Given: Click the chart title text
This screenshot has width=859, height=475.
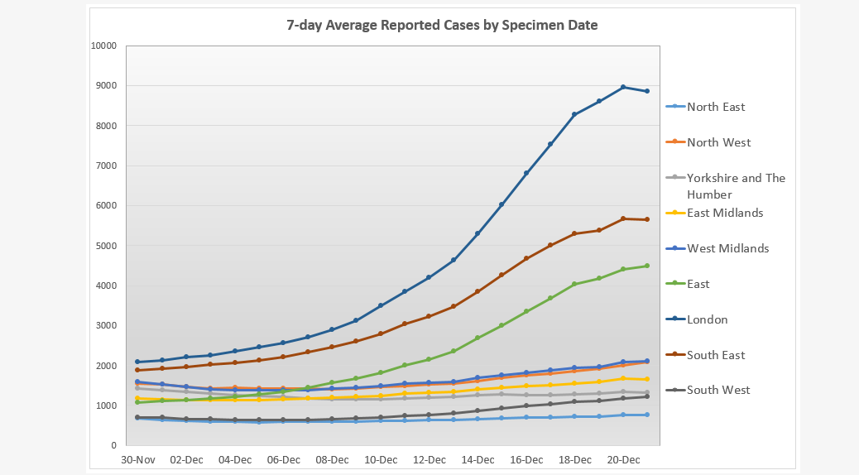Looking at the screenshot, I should pyautogui.click(x=442, y=26).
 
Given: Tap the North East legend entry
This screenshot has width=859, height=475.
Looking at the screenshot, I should pyautogui.click(x=716, y=107).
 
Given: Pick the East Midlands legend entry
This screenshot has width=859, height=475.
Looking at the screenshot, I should pyautogui.click(x=724, y=213).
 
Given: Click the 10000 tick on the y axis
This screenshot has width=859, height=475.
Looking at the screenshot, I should pyautogui.click(x=103, y=46).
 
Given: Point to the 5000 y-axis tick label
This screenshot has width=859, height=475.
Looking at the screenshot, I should pyautogui.click(x=105, y=246).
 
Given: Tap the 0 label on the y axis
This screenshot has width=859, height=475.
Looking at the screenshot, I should pyautogui.click(x=113, y=446).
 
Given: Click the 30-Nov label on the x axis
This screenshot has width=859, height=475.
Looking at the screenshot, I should pyautogui.click(x=138, y=460).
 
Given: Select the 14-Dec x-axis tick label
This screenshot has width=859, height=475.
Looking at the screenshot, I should pyautogui.click(x=477, y=460).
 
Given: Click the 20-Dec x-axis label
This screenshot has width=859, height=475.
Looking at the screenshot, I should pyautogui.click(x=623, y=460).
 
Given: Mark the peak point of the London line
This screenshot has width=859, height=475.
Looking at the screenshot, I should pyautogui.click(x=623, y=87).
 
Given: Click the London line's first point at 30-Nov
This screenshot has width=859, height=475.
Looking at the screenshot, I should pyautogui.click(x=138, y=362).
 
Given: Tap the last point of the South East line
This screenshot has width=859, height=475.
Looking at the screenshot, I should pyautogui.click(x=647, y=219).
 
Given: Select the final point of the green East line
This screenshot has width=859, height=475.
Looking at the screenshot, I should pyautogui.click(x=647, y=266).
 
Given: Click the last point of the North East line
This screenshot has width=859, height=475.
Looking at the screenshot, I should pyautogui.click(x=647, y=415).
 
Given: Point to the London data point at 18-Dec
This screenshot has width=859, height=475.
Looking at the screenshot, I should pyautogui.click(x=574, y=114).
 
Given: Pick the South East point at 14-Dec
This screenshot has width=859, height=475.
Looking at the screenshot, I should pyautogui.click(x=477, y=291).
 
